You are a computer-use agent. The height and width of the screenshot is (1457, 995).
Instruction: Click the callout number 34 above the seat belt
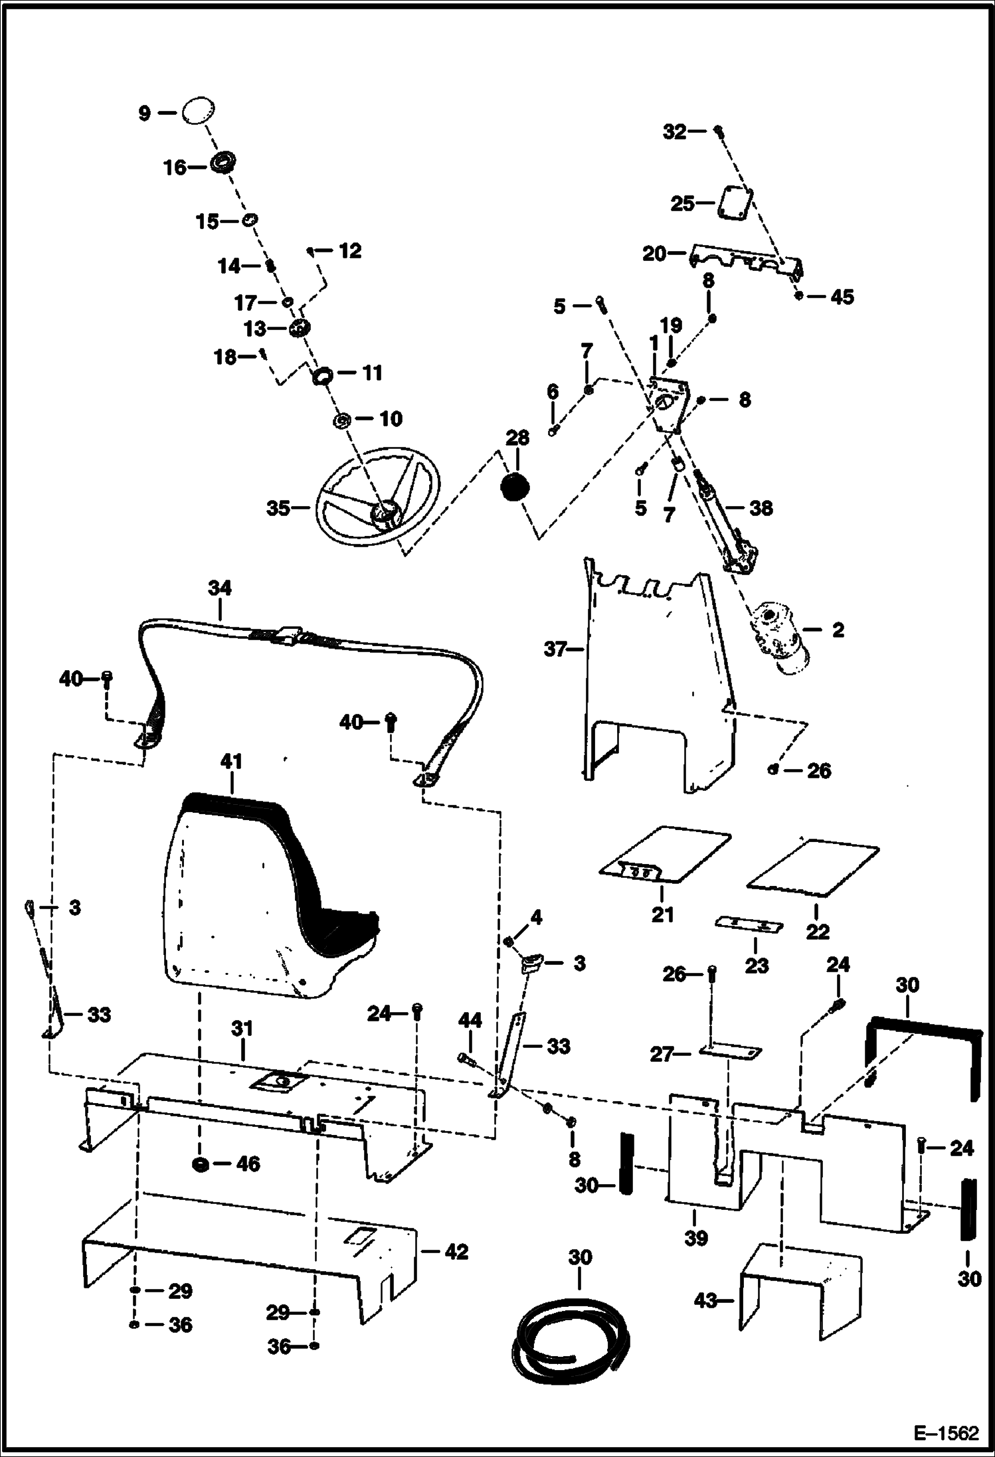click(219, 588)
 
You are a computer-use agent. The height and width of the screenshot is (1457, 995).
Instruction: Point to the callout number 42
click(456, 1252)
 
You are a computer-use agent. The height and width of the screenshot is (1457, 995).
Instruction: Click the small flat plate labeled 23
click(749, 925)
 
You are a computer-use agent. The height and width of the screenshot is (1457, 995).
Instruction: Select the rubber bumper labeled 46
click(199, 1163)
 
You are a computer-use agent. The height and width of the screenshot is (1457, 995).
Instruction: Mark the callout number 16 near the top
click(175, 167)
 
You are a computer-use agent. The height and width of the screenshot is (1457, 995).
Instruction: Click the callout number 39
click(695, 1237)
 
